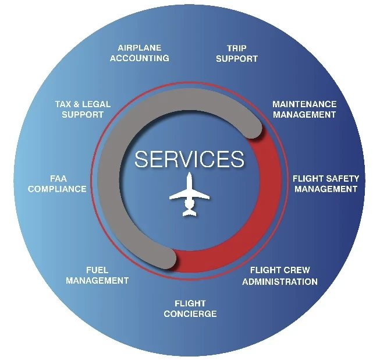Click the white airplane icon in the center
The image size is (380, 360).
(189, 195)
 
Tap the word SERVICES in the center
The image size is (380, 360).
(189, 159)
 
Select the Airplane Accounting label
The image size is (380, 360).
(140, 53)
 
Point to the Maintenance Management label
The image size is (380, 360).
(304, 110)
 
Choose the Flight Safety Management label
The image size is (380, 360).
(325, 183)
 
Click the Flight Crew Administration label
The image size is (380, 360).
(280, 276)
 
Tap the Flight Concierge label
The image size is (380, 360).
(190, 309)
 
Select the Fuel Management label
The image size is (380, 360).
(97, 276)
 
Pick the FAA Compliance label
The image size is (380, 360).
(57, 183)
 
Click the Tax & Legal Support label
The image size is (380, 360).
(83, 110)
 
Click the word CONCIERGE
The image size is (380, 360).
(190, 314)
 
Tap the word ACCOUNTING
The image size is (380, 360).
(140, 58)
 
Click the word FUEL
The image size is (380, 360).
(97, 270)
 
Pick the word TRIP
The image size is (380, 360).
(237, 48)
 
